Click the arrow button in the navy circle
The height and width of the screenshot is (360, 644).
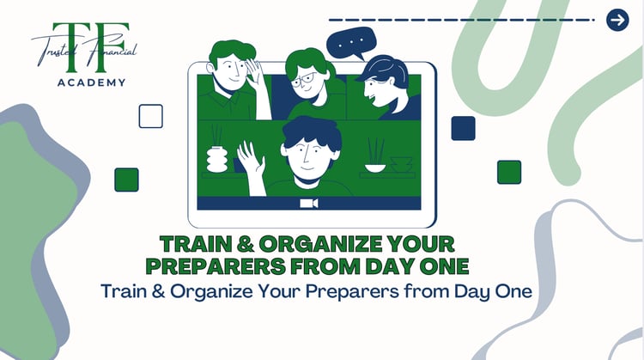[617, 20]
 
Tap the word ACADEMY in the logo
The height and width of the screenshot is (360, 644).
[92, 82]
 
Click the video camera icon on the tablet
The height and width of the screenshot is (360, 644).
[309, 204]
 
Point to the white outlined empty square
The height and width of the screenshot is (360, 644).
[151, 116]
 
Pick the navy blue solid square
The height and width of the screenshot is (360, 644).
[464, 128]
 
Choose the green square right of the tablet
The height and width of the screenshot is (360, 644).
[509, 172]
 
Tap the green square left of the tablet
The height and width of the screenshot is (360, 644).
[126, 180]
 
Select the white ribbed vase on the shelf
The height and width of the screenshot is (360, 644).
[217, 159]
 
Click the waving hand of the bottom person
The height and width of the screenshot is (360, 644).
[251, 159]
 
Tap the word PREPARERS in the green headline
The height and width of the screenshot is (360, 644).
[216, 266]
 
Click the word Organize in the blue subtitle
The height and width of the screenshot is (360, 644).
[211, 292]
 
